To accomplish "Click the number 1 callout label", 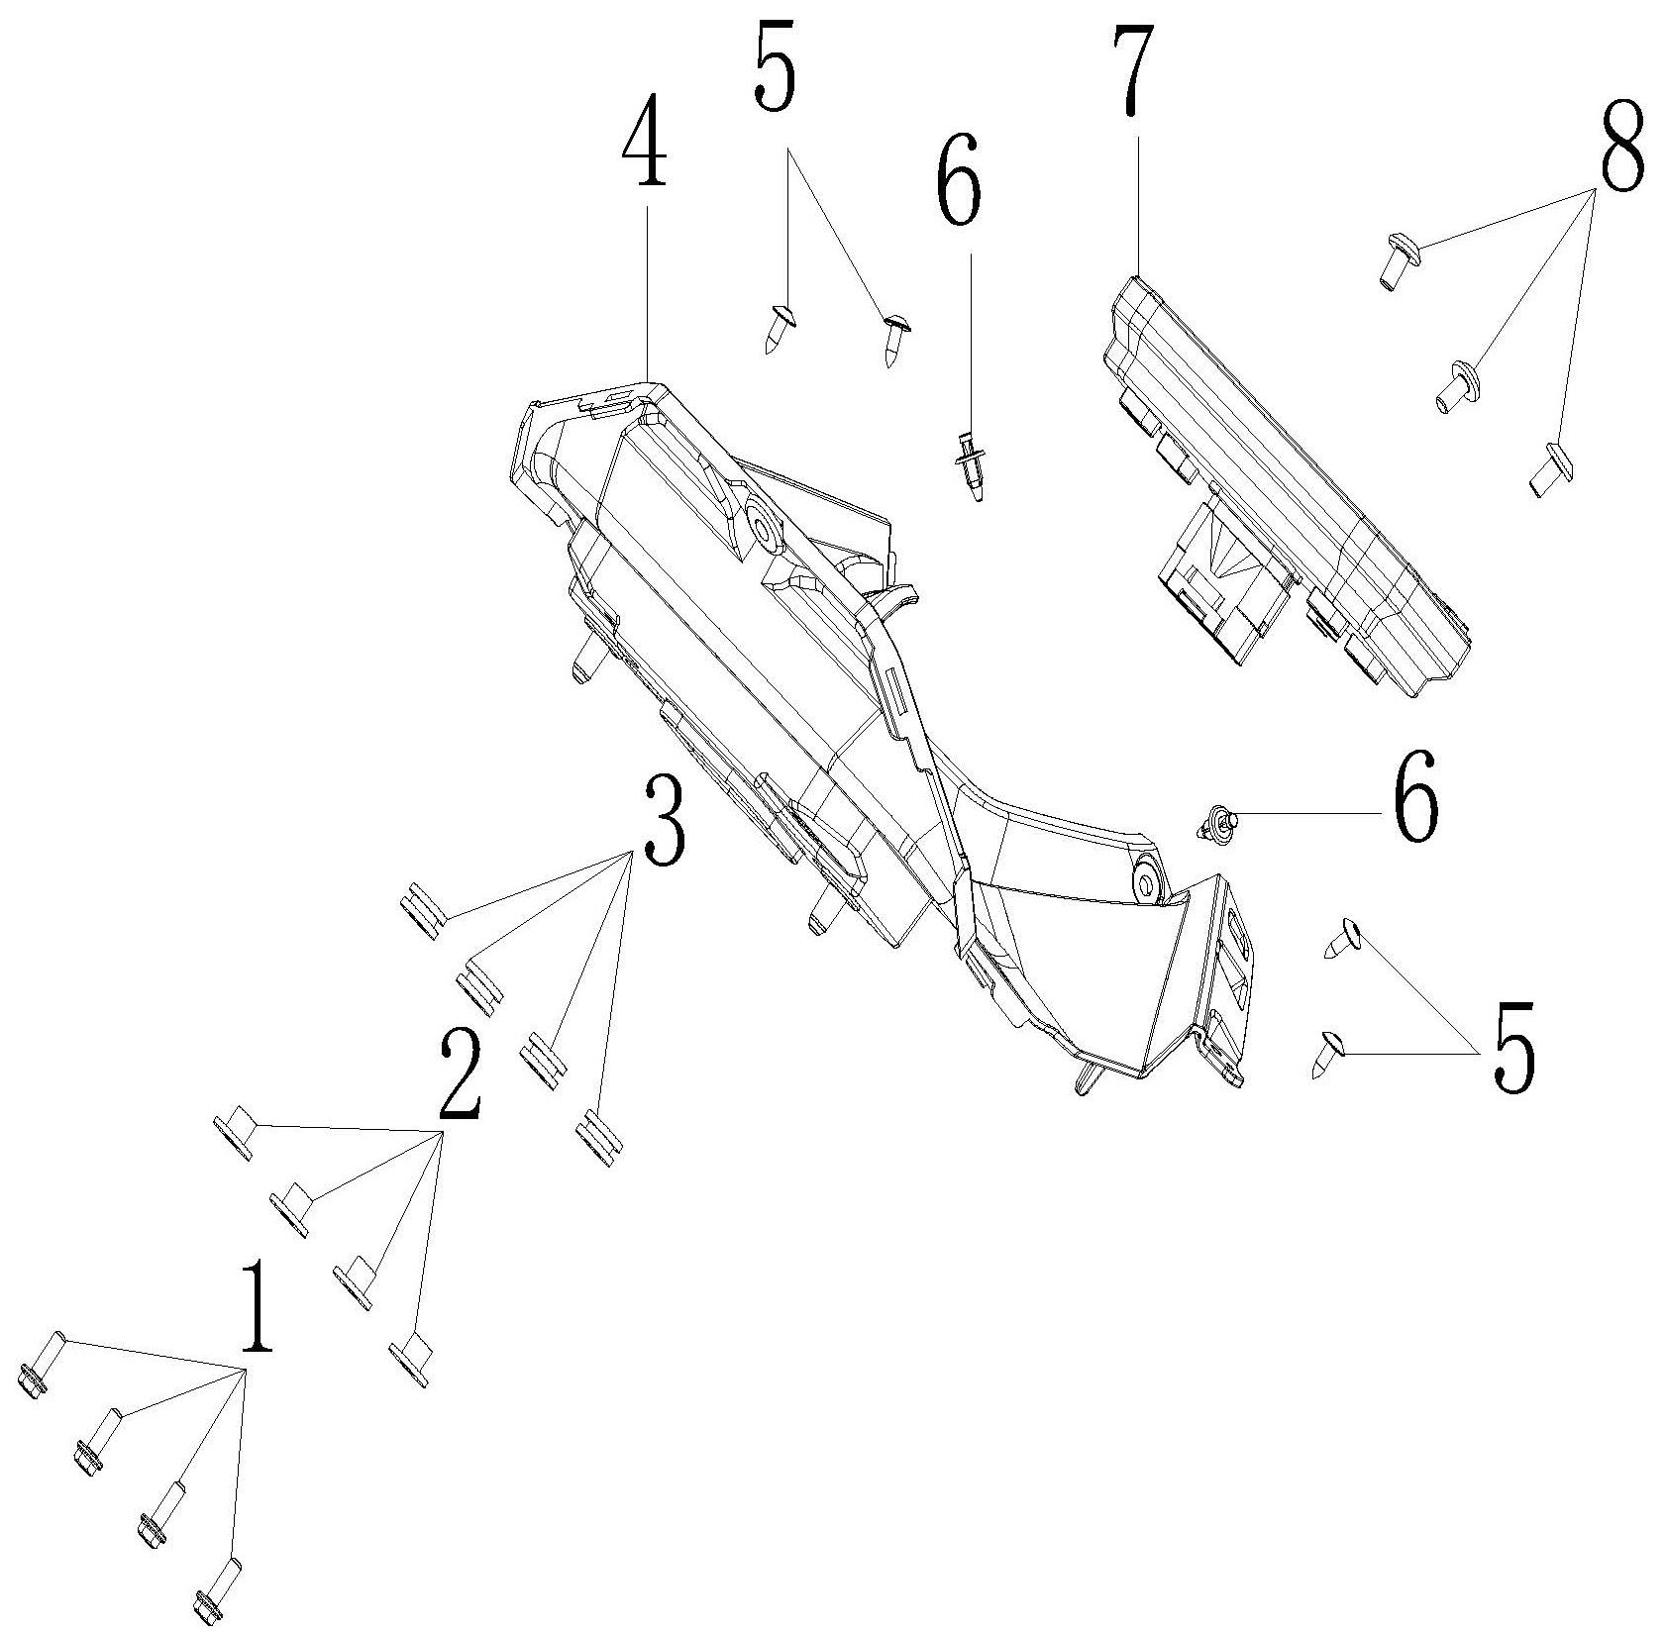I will click(x=256, y=1308).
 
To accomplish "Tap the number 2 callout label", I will click(x=458, y=1073).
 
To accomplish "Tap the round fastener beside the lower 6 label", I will click(x=1215, y=823).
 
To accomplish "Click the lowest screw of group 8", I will click(x=1547, y=470).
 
